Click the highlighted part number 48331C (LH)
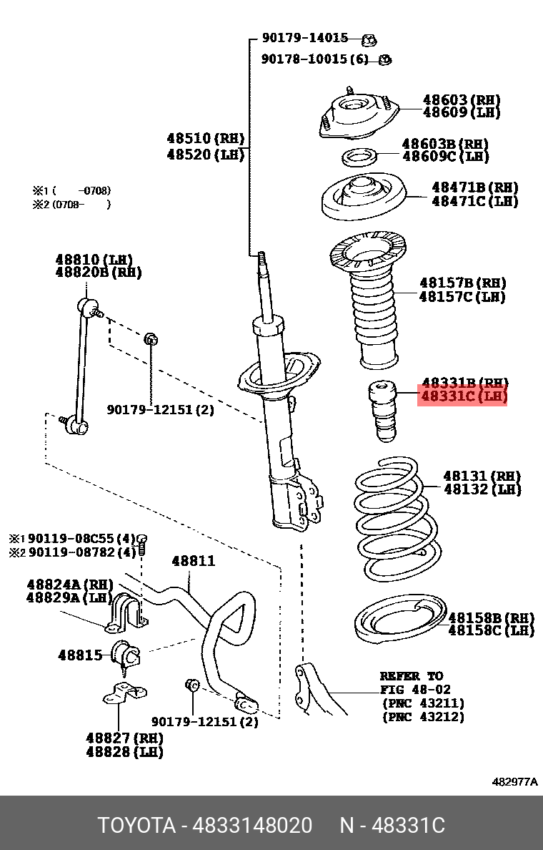tap(463, 396)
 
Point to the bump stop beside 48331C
tap(382, 414)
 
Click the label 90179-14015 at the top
tap(304, 39)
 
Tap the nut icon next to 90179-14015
tap(370, 39)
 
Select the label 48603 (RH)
tap(461, 100)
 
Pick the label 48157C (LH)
tap(462, 296)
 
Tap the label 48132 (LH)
tap(482, 489)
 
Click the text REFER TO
tap(411, 676)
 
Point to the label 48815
tap(79, 654)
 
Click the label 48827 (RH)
tap(124, 738)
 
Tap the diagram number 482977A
tap(514, 782)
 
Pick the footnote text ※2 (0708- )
tap(71, 204)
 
